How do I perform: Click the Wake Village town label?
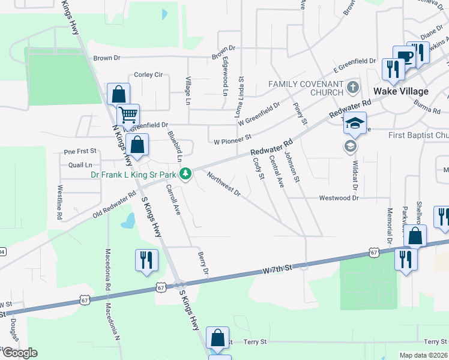click(x=401, y=91)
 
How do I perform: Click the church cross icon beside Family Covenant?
click(x=353, y=88)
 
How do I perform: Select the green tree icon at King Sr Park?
click(x=187, y=174)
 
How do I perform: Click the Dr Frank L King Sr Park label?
click(x=134, y=175)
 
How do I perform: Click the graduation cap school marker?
click(x=355, y=123)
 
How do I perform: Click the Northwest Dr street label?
click(x=224, y=184)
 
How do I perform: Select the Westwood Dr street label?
click(x=339, y=197)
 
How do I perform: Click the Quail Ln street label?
click(x=80, y=164)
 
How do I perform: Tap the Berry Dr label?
click(x=202, y=265)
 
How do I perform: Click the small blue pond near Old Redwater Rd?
click(x=127, y=221)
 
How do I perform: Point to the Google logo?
click(x=19, y=353)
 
